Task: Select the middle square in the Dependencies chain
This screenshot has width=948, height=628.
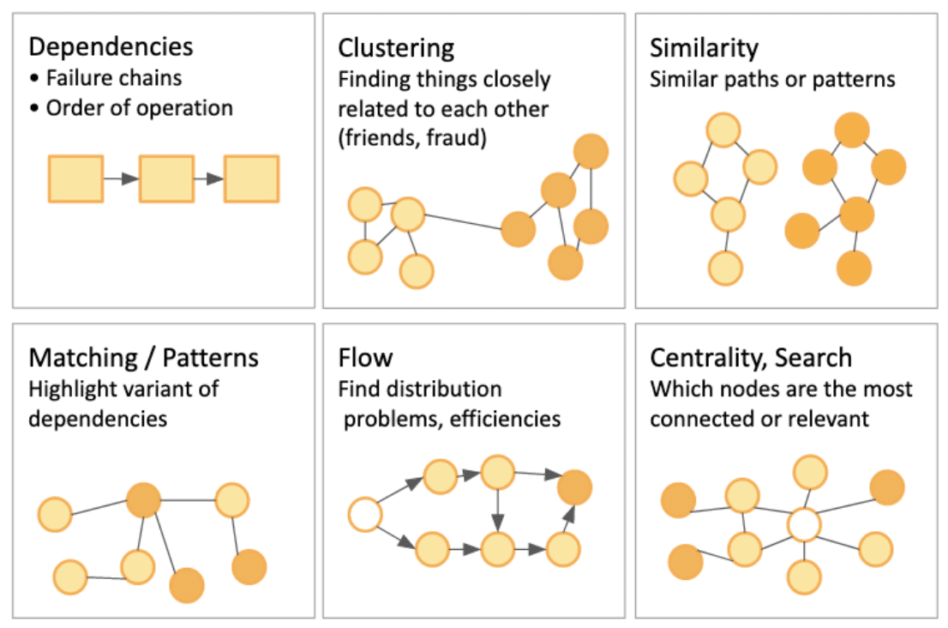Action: coord(166,178)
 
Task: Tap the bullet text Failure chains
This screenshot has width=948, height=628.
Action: coord(113,77)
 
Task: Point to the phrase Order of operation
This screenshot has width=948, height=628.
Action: coord(139,108)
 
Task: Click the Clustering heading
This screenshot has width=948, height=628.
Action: coord(396,46)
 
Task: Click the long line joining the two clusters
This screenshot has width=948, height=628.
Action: coord(463,220)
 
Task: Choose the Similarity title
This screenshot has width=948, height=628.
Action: coord(704,46)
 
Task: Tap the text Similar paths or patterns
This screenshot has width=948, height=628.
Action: coord(771,79)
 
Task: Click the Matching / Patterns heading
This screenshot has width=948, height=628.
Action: coord(143,356)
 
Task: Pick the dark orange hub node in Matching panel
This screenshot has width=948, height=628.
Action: coord(144,499)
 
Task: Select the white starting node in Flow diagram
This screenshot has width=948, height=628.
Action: coord(365,516)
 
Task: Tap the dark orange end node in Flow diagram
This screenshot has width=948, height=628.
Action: coord(574,486)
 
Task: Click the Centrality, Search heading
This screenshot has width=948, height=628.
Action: coord(751,356)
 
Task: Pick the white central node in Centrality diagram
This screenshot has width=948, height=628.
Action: coord(804,524)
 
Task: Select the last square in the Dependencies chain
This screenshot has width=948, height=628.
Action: coord(251,178)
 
